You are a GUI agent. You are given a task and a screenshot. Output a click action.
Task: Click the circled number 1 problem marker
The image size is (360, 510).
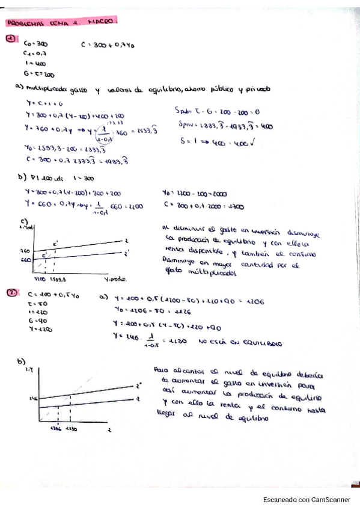11,40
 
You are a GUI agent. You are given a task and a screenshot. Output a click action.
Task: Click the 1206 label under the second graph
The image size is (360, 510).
57,428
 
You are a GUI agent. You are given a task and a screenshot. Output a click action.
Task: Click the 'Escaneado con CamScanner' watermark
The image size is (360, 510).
307,499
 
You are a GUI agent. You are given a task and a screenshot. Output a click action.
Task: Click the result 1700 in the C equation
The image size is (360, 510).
236,206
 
